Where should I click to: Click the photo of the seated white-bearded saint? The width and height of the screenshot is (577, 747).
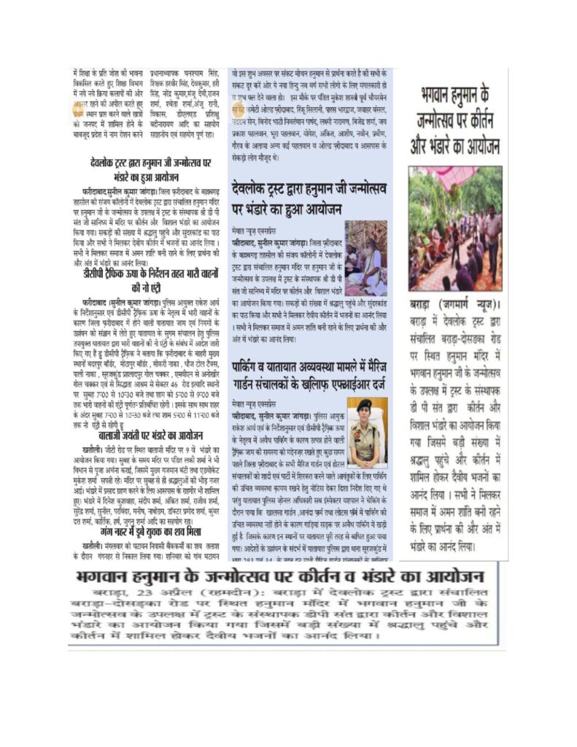pyautogui.click(x=366, y=257)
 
